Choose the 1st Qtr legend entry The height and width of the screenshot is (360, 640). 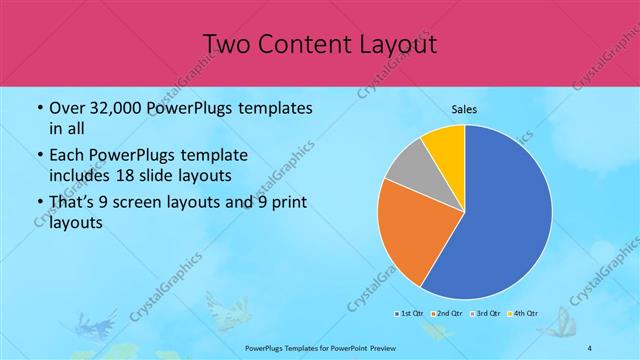[x=411, y=314]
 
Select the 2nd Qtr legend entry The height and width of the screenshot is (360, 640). [x=446, y=314]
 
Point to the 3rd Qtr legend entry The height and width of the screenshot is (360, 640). [x=484, y=314]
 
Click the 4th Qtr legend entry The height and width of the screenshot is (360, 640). [x=521, y=314]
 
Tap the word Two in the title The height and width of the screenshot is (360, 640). [x=227, y=44]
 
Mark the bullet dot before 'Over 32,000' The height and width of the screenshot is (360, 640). [x=39, y=108]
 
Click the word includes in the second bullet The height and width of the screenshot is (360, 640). [x=79, y=175]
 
